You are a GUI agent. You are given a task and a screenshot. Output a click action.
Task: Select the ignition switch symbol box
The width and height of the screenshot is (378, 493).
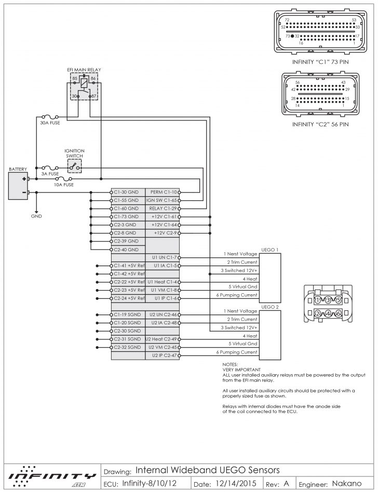pos(75,167)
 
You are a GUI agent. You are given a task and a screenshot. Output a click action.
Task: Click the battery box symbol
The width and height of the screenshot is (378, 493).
pos(19,186)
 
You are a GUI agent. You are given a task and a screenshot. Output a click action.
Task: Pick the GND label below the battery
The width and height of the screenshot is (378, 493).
pos(36,215)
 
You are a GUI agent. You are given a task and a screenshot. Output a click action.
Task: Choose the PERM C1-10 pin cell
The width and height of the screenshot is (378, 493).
pos(163,192)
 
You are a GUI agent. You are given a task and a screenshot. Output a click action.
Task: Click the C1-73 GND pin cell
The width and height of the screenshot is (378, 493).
pos(127,216)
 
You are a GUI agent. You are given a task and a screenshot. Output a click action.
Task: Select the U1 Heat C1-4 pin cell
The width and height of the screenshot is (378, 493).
pos(163,282)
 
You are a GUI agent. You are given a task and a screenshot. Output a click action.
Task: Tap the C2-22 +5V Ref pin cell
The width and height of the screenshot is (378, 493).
pos(128,282)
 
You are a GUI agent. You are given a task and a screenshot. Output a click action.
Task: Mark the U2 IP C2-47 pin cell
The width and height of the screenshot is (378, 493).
pos(163,355)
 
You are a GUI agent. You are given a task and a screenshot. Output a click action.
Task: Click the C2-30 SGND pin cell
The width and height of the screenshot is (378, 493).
pos(127,331)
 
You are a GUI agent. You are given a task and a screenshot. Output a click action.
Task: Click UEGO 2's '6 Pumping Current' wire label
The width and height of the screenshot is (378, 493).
pos(240,352)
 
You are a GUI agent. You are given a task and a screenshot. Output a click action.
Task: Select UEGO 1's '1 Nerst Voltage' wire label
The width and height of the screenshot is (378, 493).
pos(240,254)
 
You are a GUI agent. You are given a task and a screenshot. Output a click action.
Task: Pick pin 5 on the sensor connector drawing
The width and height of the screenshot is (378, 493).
pos(339,300)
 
